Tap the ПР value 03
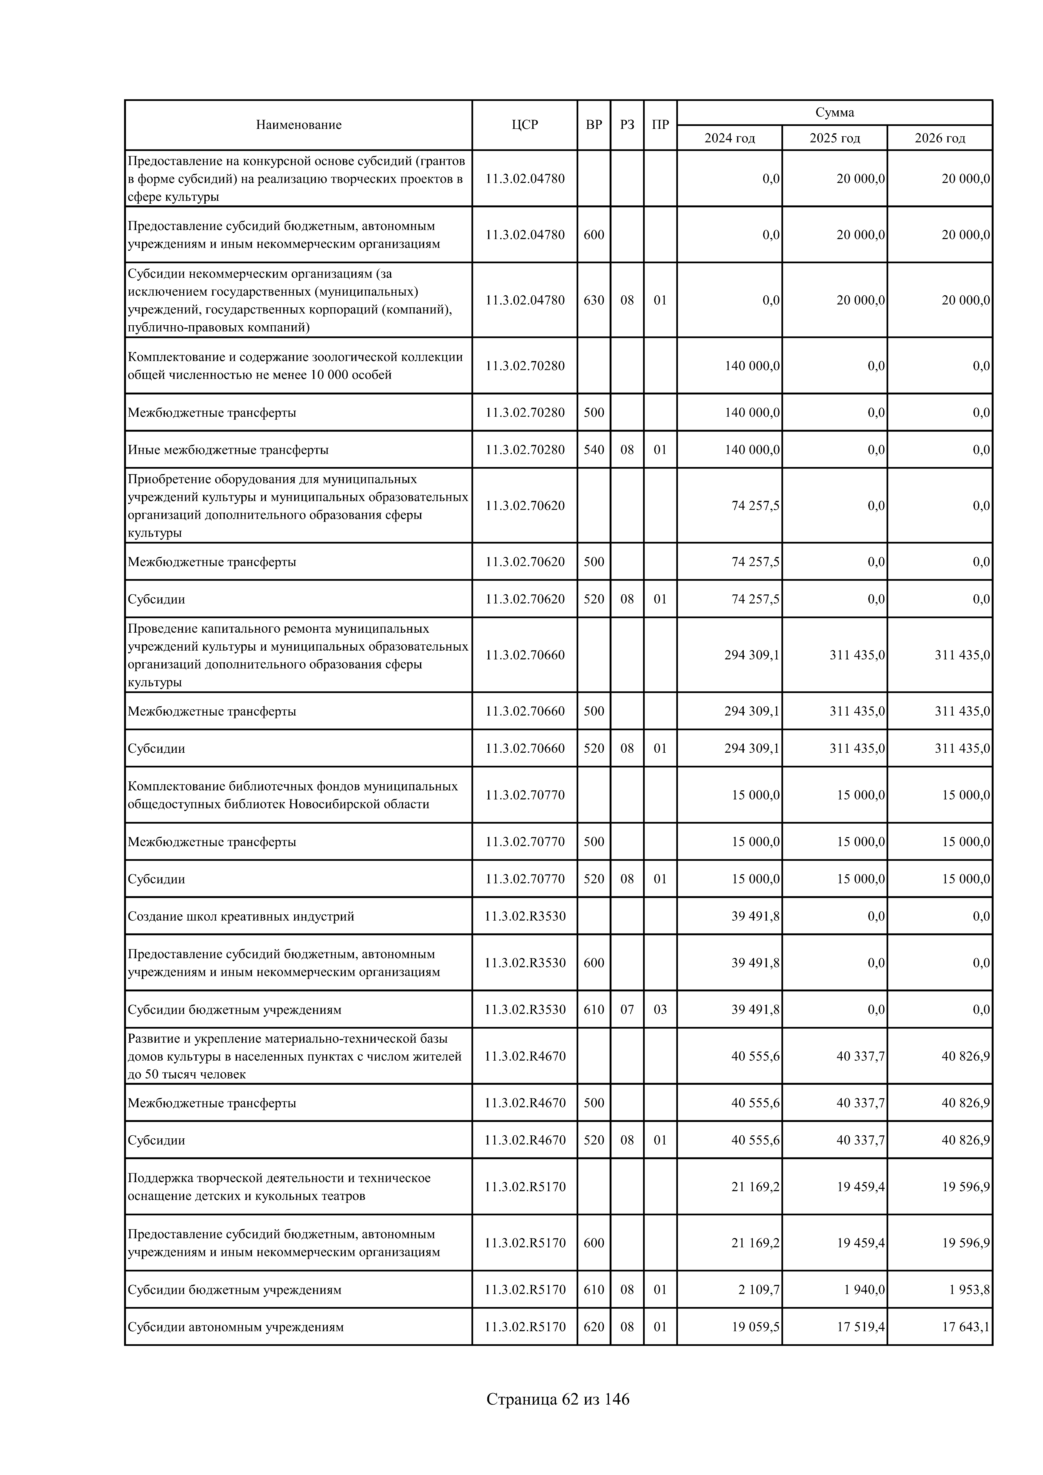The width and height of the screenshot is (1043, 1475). click(x=660, y=1009)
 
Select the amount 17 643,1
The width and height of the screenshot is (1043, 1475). click(x=966, y=1327)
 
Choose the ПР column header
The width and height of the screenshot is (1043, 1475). click(x=660, y=125)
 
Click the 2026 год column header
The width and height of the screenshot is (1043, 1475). click(x=940, y=138)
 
